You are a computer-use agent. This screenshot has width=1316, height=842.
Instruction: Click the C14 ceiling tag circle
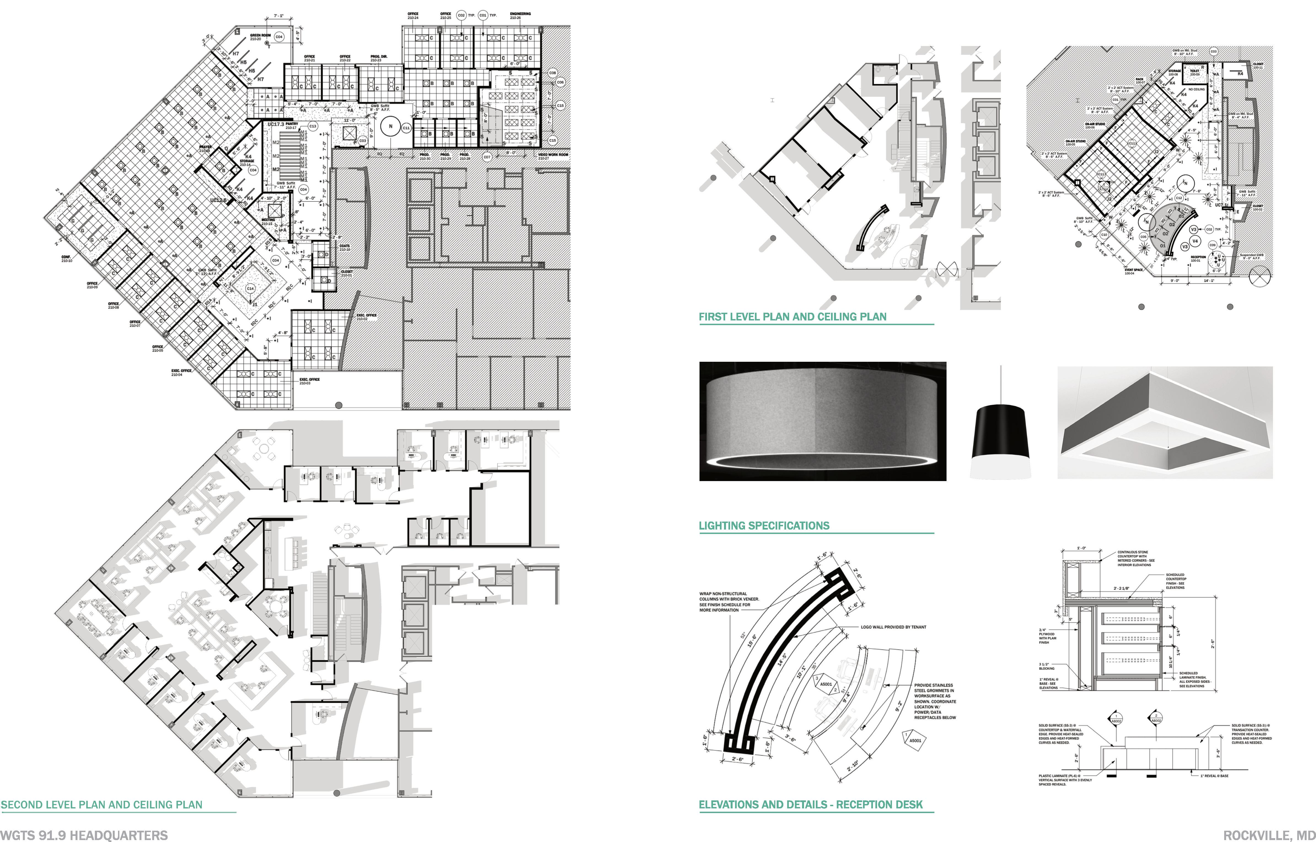(x=250, y=288)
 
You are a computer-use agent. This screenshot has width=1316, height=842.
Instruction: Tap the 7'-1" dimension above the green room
(x=278, y=16)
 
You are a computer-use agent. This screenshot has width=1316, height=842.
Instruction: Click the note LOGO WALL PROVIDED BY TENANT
(x=893, y=627)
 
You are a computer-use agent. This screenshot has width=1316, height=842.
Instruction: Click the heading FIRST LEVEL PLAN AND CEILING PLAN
(x=793, y=317)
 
